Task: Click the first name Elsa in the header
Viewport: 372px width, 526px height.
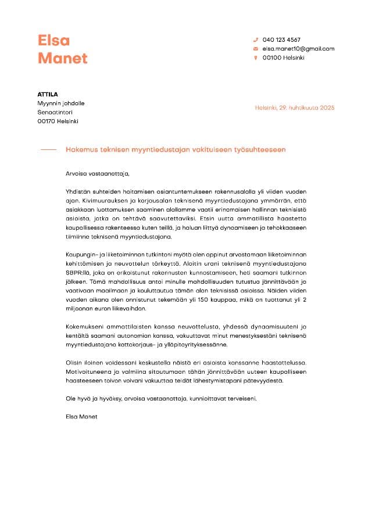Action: [53, 40]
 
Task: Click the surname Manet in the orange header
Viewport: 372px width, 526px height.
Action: [62, 58]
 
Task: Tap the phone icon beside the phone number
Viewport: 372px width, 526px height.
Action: [255, 40]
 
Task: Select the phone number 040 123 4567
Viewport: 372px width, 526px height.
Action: [281, 40]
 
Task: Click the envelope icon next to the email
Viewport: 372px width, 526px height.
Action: [255, 49]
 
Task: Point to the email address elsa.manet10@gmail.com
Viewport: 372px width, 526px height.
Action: [298, 49]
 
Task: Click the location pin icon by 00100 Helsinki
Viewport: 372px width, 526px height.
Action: [255, 58]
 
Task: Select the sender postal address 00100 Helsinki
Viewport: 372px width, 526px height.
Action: [283, 58]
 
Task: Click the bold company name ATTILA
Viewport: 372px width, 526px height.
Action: [48, 94]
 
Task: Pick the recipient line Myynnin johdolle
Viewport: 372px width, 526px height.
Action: [61, 103]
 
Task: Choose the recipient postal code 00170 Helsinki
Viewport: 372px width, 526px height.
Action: [58, 121]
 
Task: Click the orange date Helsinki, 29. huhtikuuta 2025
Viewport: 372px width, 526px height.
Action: [295, 108]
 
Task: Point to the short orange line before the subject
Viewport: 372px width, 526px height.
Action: [48, 149]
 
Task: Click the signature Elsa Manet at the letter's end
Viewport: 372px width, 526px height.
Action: [82, 417]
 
